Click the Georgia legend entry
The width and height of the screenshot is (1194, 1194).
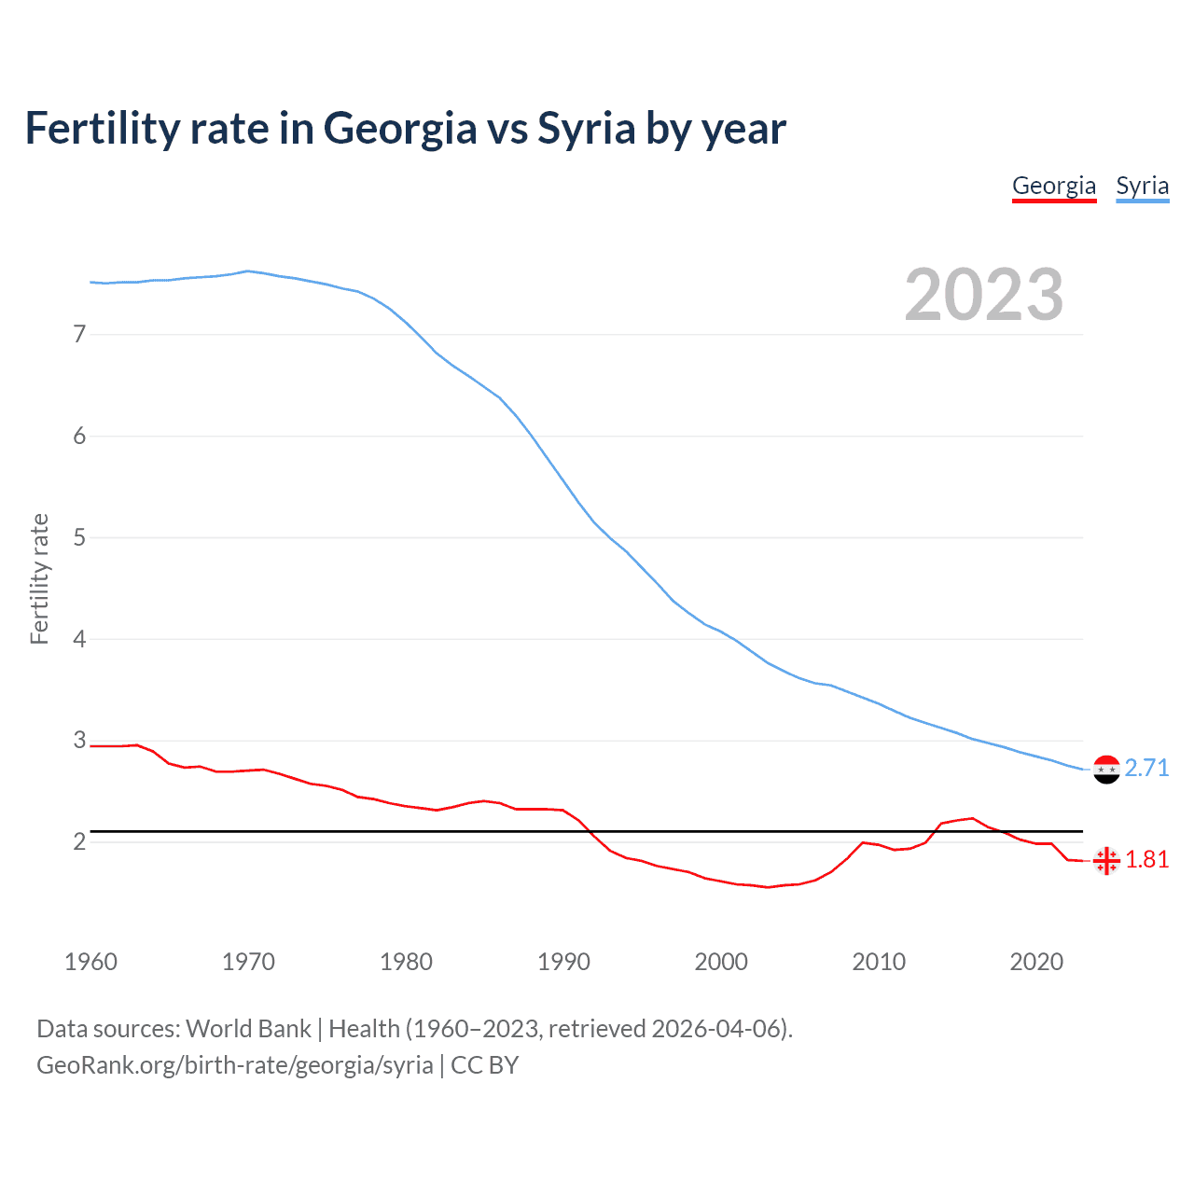1054,186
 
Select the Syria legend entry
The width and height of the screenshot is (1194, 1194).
1142,186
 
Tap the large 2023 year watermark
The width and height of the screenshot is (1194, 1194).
983,295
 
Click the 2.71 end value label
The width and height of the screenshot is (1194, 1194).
1146,768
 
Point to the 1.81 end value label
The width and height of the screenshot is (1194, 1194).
1146,859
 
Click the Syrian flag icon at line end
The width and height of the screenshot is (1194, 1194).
1106,770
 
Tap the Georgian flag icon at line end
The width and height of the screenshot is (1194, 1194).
1106,860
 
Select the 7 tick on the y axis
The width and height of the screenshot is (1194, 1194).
79,334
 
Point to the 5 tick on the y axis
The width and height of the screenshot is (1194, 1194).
79,537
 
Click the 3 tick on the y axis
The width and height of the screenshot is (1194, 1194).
79,741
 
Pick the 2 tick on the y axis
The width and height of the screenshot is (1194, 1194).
79,841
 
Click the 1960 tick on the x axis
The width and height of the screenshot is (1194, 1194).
90,962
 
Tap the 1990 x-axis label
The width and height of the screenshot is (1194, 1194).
563,962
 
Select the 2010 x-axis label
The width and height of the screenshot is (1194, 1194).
879,962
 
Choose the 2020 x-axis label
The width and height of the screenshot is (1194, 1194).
1036,962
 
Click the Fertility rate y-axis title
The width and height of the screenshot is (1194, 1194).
39,578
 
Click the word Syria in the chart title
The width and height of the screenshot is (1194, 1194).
586,129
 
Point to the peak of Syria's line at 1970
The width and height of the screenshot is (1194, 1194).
247,271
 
